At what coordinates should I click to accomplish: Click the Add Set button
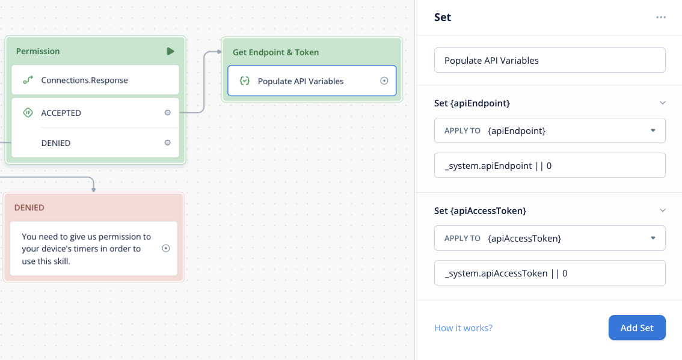pyautogui.click(x=637, y=328)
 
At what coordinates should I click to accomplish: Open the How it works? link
pyautogui.click(x=463, y=328)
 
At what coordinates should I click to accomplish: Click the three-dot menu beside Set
pyautogui.click(x=661, y=17)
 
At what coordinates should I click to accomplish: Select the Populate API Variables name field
pyautogui.click(x=550, y=61)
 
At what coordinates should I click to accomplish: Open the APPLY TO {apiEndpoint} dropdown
pyautogui.click(x=550, y=130)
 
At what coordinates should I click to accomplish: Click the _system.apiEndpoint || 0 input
pyautogui.click(x=550, y=166)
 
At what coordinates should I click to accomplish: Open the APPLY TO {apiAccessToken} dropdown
pyautogui.click(x=550, y=238)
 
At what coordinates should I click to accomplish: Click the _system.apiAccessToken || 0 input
pyautogui.click(x=550, y=273)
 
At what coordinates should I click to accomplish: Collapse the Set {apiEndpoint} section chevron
pyautogui.click(x=662, y=103)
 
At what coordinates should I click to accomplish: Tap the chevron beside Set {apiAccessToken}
pyautogui.click(x=662, y=210)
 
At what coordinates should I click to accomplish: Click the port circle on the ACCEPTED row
pyautogui.click(x=167, y=112)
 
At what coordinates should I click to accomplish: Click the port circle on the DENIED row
pyautogui.click(x=167, y=142)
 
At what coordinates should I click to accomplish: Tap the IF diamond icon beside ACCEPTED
pyautogui.click(x=28, y=112)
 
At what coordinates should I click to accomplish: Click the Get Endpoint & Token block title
pyautogui.click(x=276, y=52)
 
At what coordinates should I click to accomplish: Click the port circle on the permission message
pyautogui.click(x=166, y=248)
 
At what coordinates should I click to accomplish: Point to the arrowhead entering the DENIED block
pyautogui.click(x=93, y=190)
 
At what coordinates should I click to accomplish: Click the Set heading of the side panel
pyautogui.click(x=443, y=17)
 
